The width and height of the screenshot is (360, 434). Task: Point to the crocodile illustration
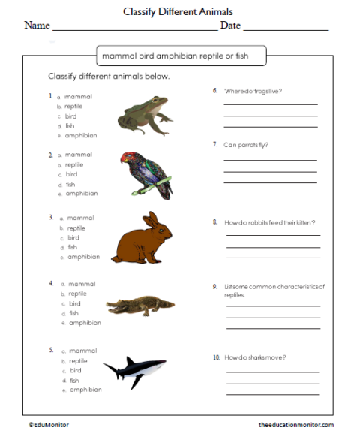pyautogui.click(x=139, y=306)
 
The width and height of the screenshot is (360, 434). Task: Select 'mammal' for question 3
pyautogui.click(x=81, y=218)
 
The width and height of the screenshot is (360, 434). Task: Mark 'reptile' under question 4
pyautogui.click(x=78, y=294)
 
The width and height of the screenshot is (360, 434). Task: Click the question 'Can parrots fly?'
pyautogui.click(x=246, y=143)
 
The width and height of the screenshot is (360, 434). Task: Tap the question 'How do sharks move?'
pyautogui.click(x=255, y=357)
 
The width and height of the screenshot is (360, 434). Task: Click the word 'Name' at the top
pyautogui.click(x=37, y=26)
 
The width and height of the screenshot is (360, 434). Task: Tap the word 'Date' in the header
pyautogui.click(x=230, y=26)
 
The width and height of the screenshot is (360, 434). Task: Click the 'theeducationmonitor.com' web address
pyautogui.click(x=296, y=425)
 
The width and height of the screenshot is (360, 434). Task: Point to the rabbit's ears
pyautogui.click(x=153, y=221)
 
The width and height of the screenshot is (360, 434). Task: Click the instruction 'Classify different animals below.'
pyautogui.click(x=109, y=77)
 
